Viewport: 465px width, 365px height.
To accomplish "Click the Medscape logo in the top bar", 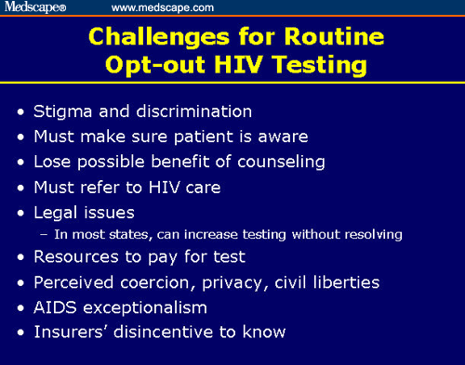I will coord(34,7).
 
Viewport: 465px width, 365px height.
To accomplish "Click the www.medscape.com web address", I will coord(163,7).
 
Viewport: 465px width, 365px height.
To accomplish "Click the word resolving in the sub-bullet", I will coord(370,234).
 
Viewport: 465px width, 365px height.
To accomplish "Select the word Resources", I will coord(75,257).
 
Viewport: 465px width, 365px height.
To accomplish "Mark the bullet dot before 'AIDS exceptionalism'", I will coord(21,307).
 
